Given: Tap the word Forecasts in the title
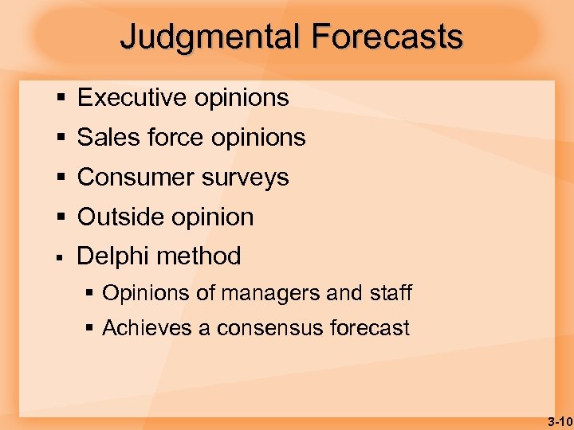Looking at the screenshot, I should point(387,37).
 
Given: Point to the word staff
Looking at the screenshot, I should point(391,293).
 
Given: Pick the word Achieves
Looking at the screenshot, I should point(148,328).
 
